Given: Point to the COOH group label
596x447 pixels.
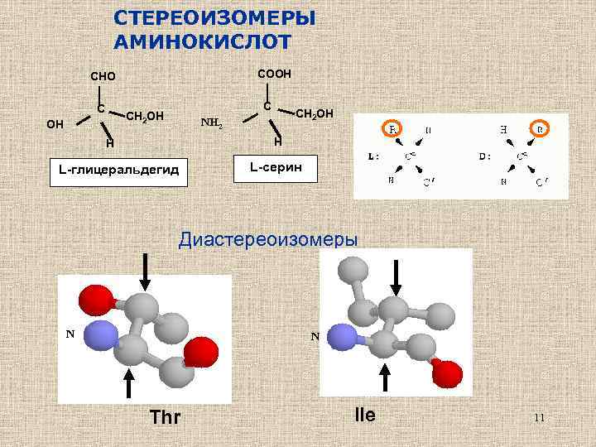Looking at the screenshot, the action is (x=274, y=74).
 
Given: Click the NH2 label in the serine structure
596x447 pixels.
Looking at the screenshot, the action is (x=212, y=125).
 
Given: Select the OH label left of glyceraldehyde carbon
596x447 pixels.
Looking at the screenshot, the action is (x=55, y=125).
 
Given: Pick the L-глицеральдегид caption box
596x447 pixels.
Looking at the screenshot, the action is (x=119, y=171).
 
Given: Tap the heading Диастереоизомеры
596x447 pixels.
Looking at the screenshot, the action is (x=269, y=240).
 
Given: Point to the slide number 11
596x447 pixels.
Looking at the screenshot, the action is (x=539, y=418).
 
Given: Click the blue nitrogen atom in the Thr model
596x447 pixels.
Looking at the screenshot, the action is (x=101, y=337).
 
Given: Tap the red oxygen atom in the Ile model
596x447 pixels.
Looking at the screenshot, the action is (x=446, y=372).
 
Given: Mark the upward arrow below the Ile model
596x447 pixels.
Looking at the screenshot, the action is (x=385, y=376).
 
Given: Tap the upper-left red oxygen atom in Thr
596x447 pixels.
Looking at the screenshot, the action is (x=90, y=298).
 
